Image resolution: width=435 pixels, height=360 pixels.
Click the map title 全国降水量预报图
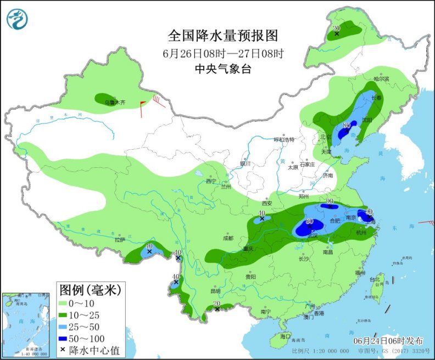223,36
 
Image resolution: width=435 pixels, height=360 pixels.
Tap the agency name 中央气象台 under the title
223,69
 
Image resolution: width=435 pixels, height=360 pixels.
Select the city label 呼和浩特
285,139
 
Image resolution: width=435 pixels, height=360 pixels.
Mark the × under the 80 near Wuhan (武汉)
309,227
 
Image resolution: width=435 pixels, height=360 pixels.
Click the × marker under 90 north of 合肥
330,208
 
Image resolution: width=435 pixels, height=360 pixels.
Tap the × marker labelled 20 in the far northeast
336,35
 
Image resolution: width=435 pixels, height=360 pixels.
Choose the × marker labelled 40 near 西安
262,219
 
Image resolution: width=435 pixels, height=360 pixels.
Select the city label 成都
228,238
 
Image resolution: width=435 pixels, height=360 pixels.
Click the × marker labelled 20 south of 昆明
217,310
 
